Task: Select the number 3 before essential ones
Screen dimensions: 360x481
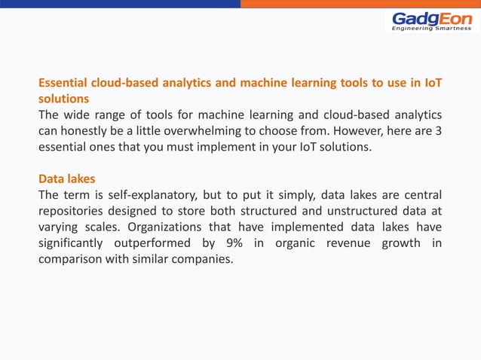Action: click(438, 131)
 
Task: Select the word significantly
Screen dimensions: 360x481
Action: click(72, 243)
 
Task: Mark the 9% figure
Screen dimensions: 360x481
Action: click(235, 243)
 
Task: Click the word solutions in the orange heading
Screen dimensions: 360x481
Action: click(64, 99)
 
